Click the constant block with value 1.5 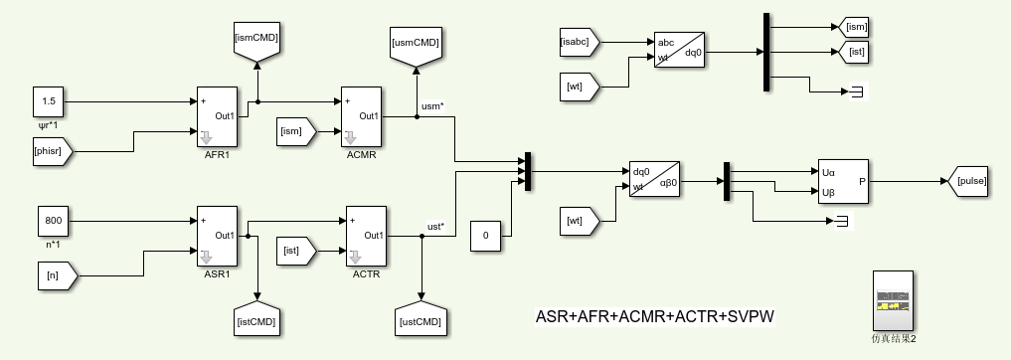tap(50, 101)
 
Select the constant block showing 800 tap(54, 220)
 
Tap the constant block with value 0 tap(485, 236)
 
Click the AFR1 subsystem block tap(218, 116)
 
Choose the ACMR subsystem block tap(361, 117)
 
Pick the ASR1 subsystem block tap(218, 236)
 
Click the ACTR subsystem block tap(365, 236)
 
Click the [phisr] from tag tap(53, 152)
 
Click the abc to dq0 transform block tap(679, 49)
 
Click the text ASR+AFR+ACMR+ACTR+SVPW tap(654, 317)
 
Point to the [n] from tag tap(53, 270)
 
